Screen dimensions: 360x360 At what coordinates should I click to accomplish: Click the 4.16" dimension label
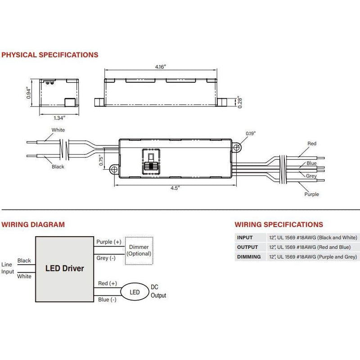click(x=160, y=67)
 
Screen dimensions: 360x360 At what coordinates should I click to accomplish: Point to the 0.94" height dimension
click(x=28, y=93)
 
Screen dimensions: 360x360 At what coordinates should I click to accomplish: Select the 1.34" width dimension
click(x=59, y=118)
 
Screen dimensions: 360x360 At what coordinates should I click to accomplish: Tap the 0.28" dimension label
click(x=240, y=102)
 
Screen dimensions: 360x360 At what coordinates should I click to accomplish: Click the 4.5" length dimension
click(x=175, y=188)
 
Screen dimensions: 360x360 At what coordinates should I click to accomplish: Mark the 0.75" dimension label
click(x=101, y=160)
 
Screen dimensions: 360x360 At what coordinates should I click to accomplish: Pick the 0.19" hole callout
click(x=251, y=133)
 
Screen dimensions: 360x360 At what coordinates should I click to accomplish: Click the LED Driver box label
click(x=64, y=268)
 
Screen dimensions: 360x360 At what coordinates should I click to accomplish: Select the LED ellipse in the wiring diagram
click(x=135, y=292)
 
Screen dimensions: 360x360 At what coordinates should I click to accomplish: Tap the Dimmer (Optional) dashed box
click(x=139, y=251)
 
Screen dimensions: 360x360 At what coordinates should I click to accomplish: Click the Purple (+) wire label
click(x=109, y=242)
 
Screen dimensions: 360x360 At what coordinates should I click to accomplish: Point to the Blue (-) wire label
click(x=107, y=299)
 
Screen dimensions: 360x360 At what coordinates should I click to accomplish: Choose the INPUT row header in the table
click(x=245, y=238)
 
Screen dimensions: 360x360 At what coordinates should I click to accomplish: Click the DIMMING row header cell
click(x=249, y=256)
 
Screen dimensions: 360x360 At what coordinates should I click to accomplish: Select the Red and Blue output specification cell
click(x=310, y=247)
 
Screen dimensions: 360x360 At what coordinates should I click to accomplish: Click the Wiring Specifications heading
click(x=279, y=225)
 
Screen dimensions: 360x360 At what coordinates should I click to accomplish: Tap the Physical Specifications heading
click(x=50, y=55)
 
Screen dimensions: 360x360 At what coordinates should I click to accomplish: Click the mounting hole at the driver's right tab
click(x=237, y=147)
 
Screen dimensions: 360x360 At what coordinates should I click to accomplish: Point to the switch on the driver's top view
click(x=151, y=162)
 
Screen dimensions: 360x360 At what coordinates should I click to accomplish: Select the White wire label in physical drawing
click(x=58, y=130)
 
